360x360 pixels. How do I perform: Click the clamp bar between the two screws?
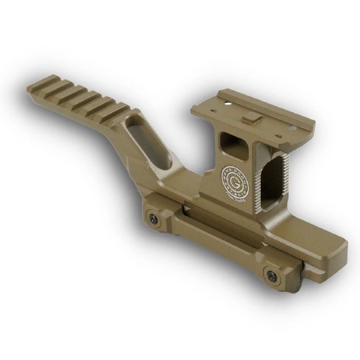pos(211,242)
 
